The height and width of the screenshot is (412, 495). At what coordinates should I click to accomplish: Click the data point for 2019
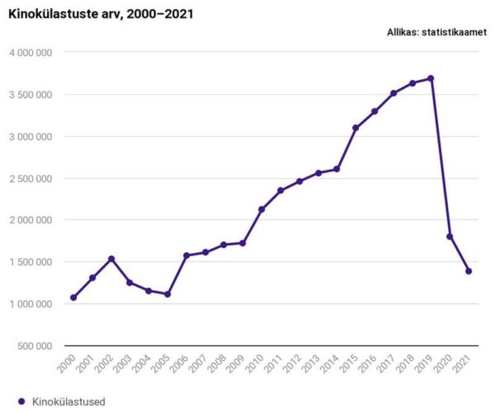click(431, 78)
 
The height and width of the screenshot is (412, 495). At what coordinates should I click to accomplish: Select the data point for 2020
click(450, 236)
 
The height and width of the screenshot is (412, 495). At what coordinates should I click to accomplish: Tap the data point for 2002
click(111, 259)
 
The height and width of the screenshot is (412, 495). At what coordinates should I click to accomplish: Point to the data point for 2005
click(167, 294)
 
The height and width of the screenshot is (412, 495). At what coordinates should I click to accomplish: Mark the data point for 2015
click(356, 128)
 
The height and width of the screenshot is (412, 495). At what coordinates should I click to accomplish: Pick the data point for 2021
click(469, 271)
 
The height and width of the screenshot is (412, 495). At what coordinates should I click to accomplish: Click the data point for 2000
click(73, 297)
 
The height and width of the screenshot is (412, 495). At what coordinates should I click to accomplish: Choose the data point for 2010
click(262, 209)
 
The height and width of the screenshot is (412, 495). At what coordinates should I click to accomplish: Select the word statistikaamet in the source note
click(455, 32)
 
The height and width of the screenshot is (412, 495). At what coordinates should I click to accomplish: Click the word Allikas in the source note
click(401, 32)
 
